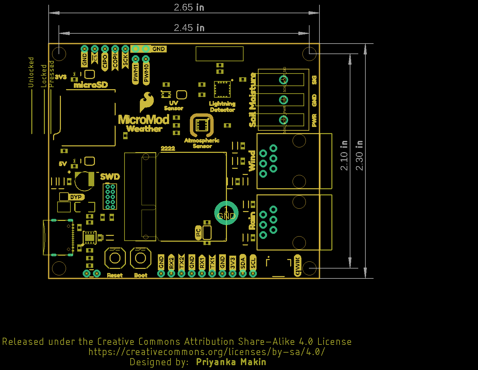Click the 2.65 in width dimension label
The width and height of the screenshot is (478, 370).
click(189, 7)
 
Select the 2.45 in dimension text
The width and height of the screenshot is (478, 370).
click(189, 28)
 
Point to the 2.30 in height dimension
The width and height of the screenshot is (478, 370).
click(359, 155)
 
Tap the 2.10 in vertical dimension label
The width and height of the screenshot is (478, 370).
click(344, 155)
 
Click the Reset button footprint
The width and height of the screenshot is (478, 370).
click(115, 258)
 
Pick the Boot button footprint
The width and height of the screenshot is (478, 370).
click(141, 258)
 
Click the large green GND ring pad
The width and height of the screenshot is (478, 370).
click(226, 213)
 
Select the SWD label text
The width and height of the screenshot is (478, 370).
click(110, 177)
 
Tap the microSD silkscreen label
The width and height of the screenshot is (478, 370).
click(91, 85)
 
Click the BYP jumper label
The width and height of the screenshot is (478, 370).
click(76, 197)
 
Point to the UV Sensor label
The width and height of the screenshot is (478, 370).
click(174, 106)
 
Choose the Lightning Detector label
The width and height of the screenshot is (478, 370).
click(222, 107)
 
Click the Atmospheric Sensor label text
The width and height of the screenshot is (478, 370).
click(202, 143)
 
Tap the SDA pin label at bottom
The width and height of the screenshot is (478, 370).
click(243, 263)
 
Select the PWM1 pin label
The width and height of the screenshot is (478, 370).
click(136, 73)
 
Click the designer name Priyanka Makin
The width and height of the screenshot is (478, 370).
click(231, 362)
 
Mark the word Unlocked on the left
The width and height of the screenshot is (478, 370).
click(31, 72)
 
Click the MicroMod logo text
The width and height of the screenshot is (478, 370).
click(144, 119)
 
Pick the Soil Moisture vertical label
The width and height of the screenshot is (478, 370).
click(252, 100)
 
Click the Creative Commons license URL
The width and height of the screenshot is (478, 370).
click(207, 352)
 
